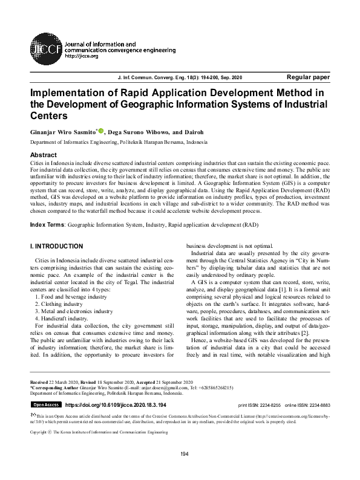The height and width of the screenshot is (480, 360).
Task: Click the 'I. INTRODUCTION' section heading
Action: pos(56,247)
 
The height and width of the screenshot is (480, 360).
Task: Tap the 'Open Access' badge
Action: pos(46,404)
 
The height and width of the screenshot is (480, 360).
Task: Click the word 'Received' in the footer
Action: pos(41,383)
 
